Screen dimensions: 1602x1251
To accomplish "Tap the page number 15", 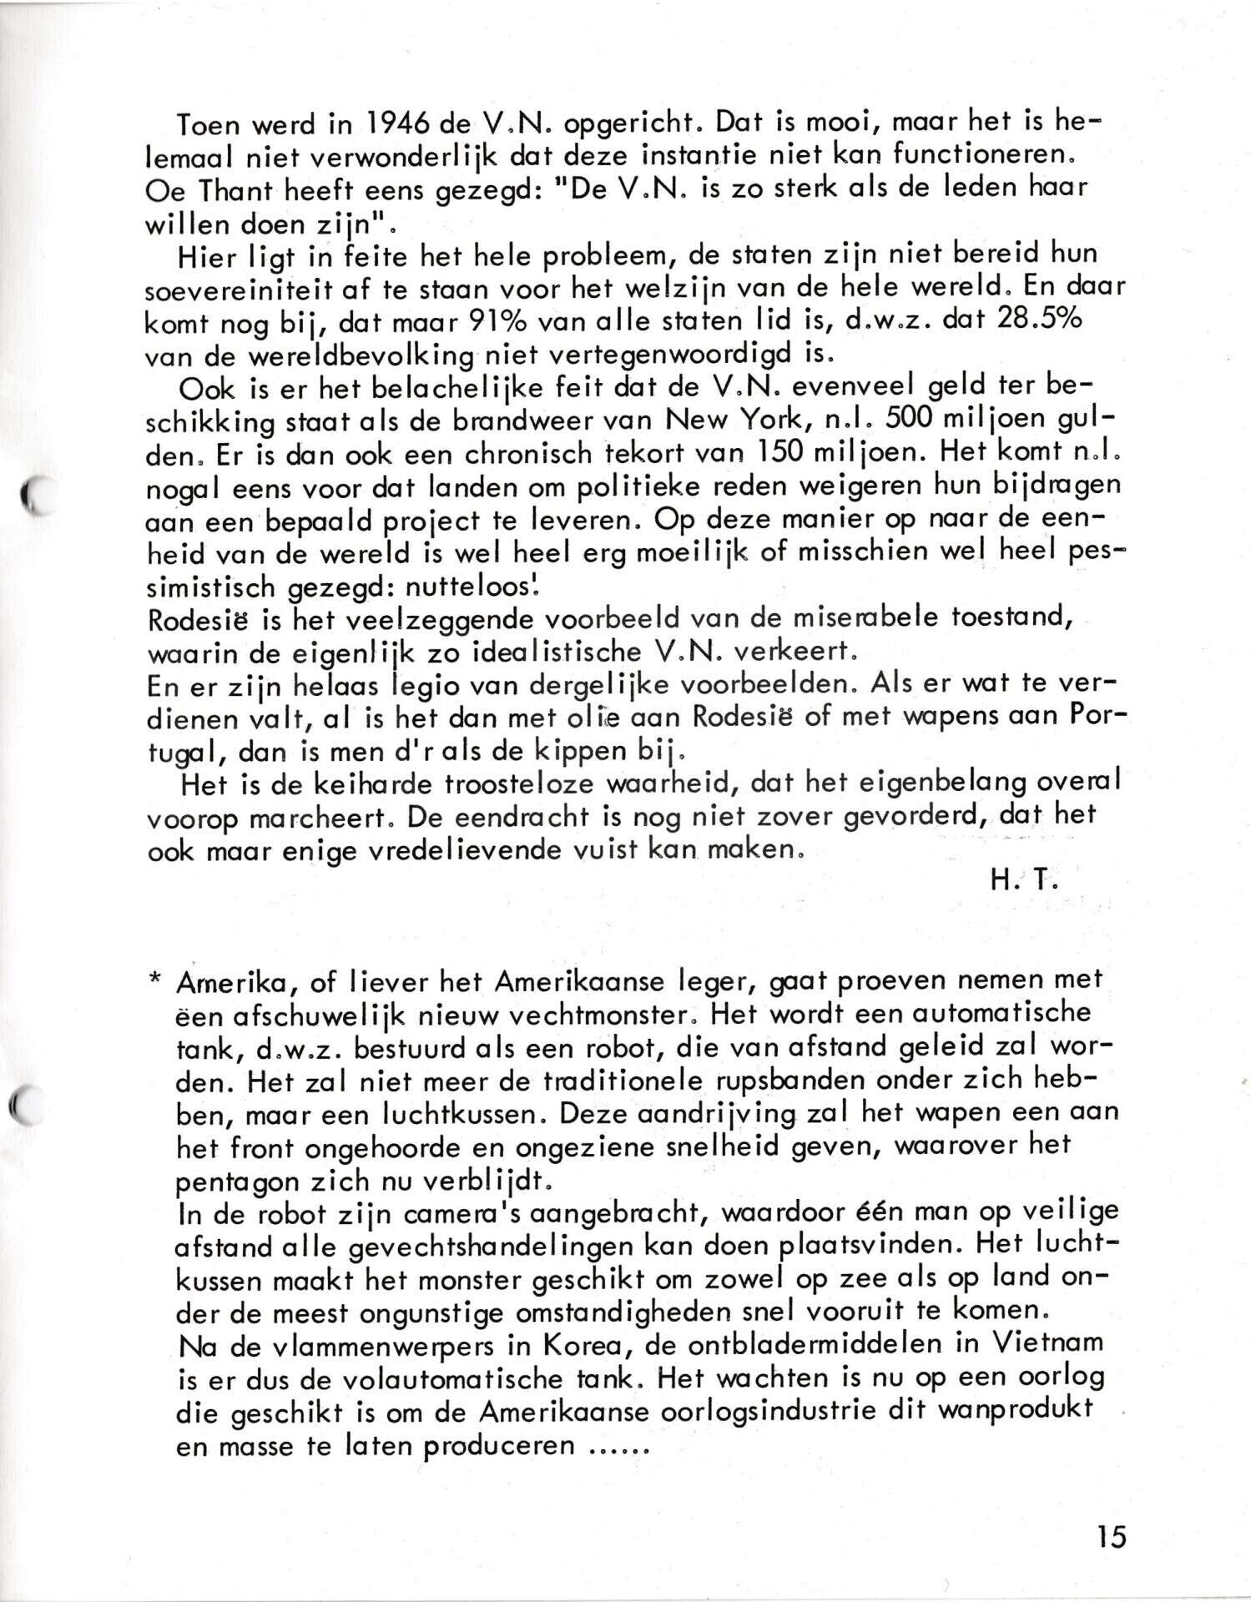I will (x=1111, y=1536).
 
